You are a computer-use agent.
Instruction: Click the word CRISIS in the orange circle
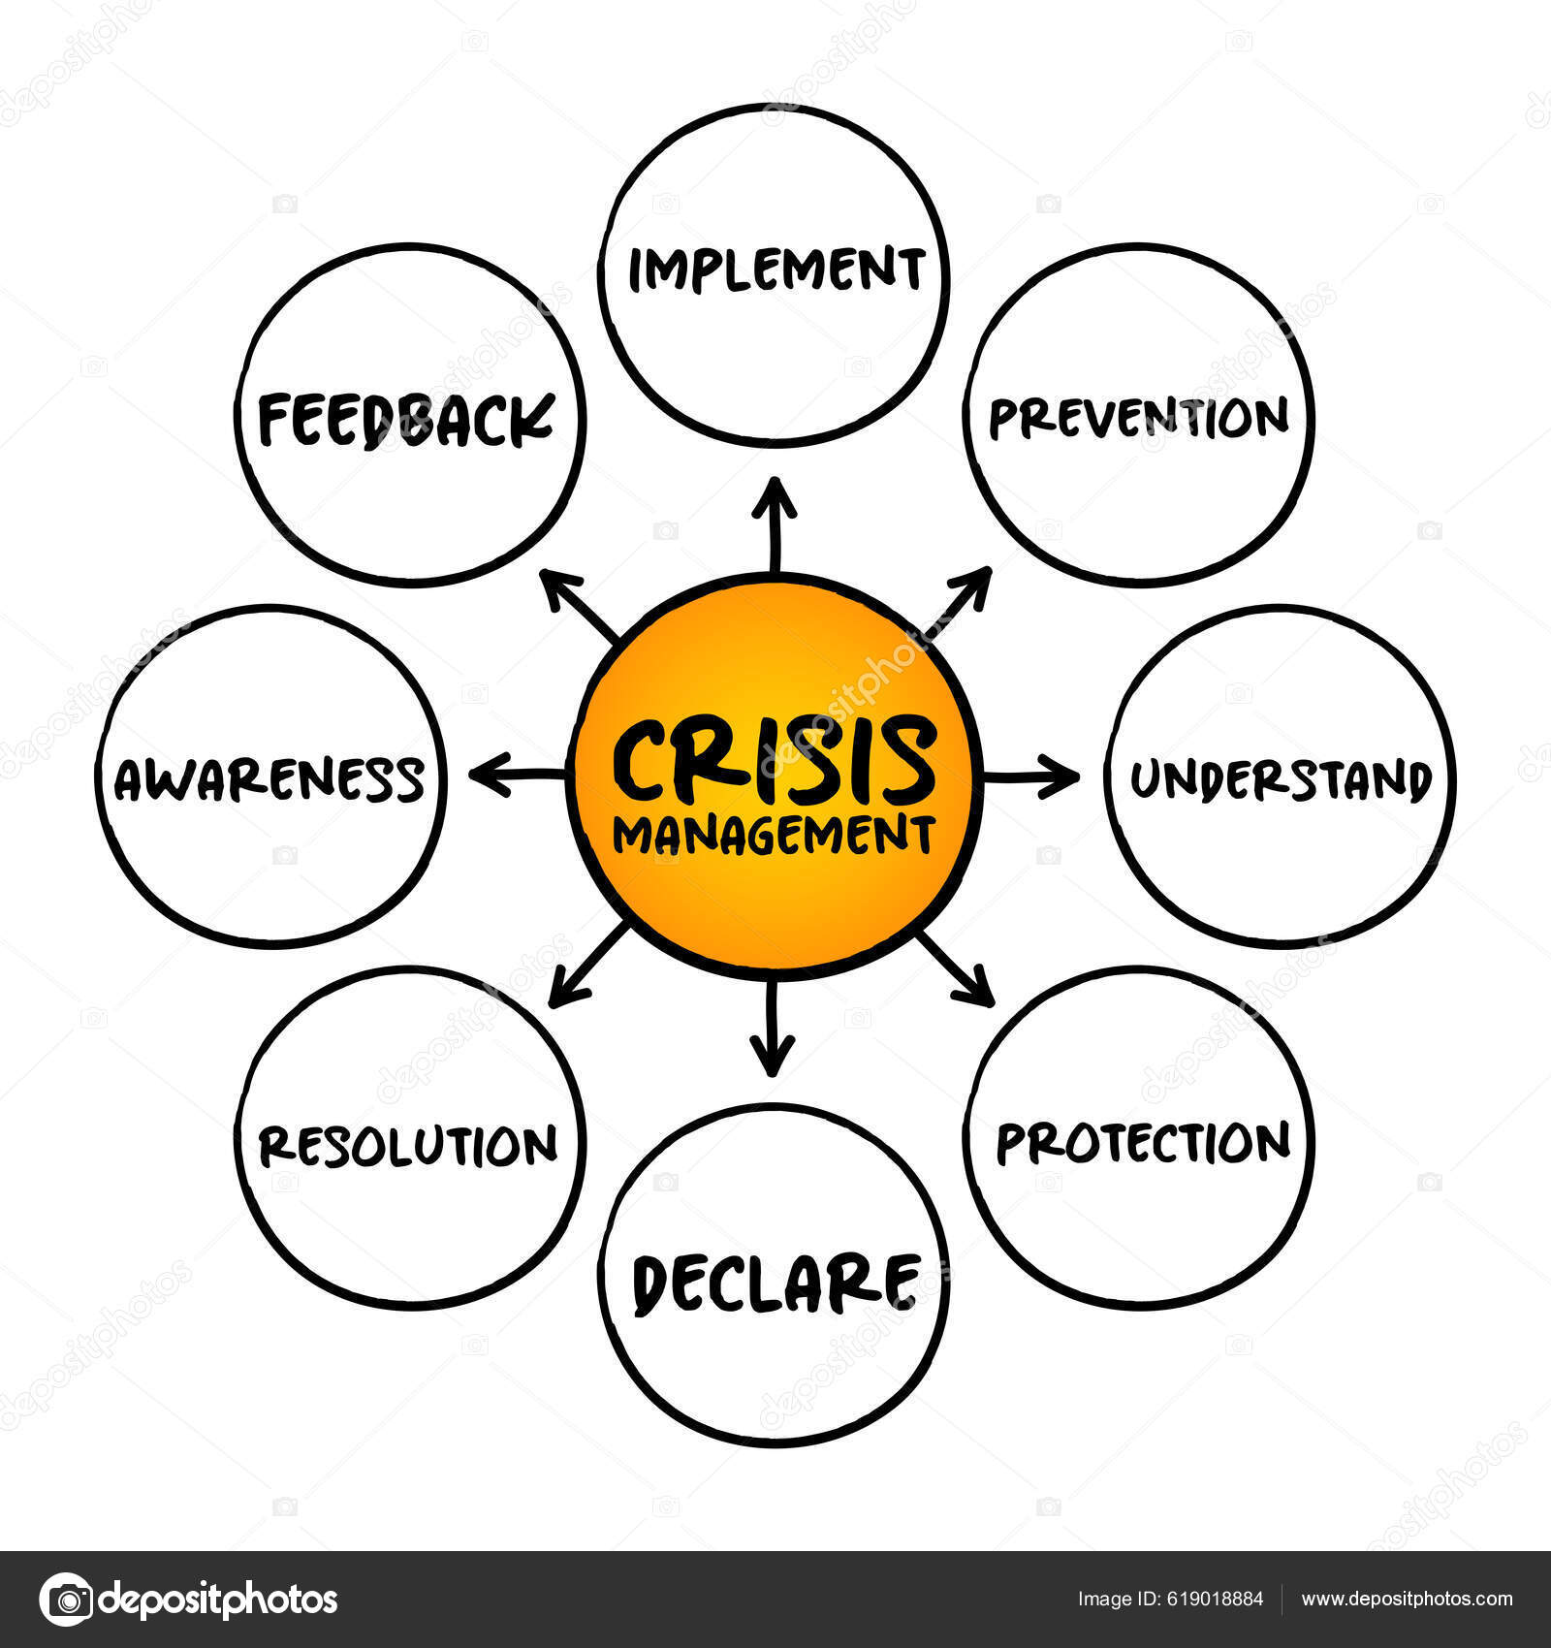coord(775,762)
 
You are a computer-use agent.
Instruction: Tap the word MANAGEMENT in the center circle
coord(774,835)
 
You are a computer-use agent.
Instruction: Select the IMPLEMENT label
coord(776,269)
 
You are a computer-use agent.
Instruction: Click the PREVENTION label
coord(1138,418)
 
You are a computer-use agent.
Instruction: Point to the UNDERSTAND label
coord(1281,779)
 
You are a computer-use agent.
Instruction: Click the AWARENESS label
coord(269,779)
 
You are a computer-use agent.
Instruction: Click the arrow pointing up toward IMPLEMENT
coord(775,523)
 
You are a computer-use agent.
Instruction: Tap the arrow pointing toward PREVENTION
coord(958,602)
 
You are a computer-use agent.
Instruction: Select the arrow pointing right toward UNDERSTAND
coord(1031,776)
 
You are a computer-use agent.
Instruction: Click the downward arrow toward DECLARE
coord(773,1030)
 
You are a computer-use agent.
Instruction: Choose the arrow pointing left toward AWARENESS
coord(518,775)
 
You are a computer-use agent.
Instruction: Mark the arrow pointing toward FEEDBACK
coord(579,606)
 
